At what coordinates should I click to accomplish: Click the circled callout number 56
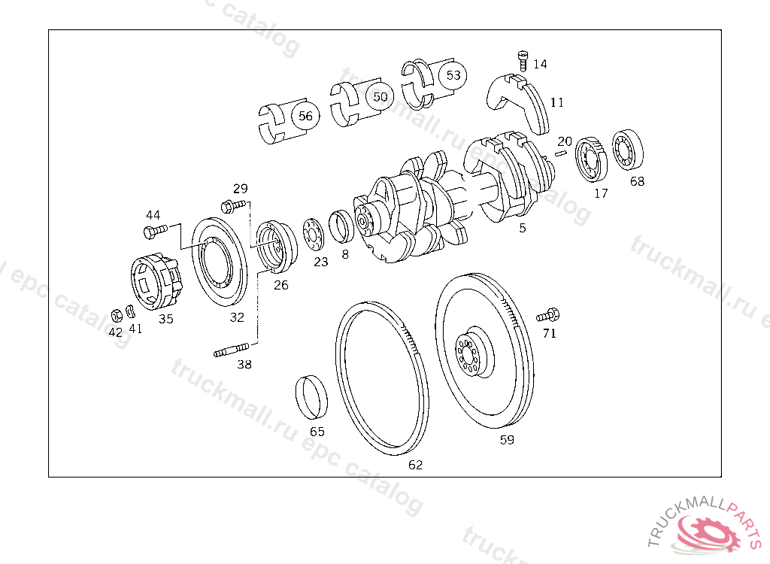point(305,116)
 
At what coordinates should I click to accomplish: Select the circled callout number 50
point(380,97)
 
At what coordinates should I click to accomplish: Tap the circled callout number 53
point(453,75)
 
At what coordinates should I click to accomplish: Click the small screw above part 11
point(523,61)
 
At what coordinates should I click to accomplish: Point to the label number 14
point(540,65)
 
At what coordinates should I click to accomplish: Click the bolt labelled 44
point(155,231)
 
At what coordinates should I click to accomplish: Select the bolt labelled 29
point(233,205)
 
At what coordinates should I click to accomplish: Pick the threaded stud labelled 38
point(232,350)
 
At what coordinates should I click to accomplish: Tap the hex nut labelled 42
point(117,315)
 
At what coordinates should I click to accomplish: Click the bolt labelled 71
point(548,315)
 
